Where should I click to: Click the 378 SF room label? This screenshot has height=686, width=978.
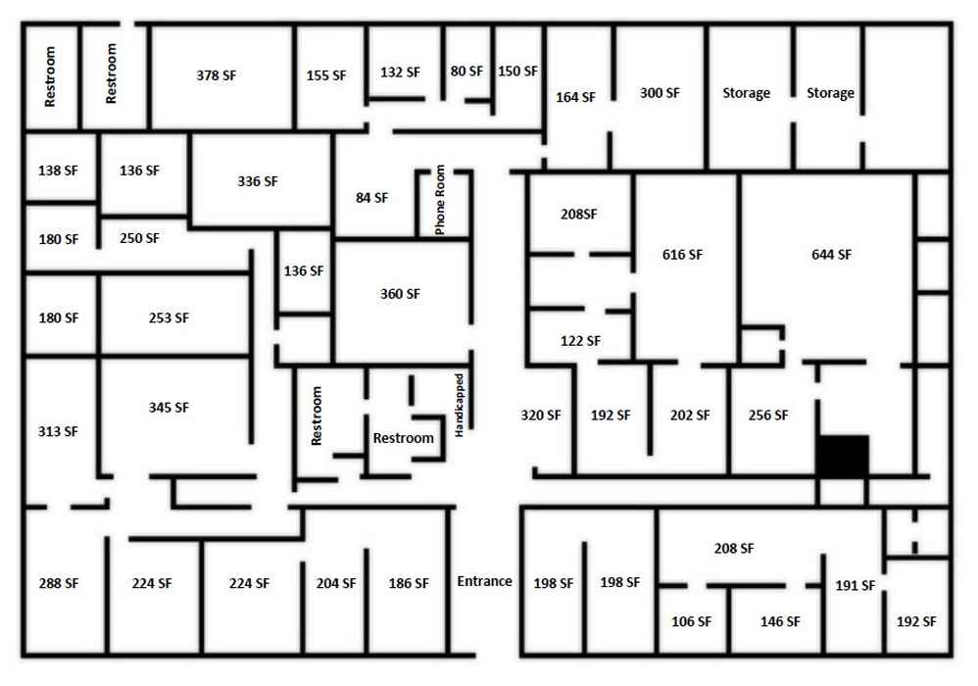tap(217, 75)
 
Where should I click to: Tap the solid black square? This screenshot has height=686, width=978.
tap(843, 456)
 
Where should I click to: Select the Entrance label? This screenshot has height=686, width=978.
tap(485, 581)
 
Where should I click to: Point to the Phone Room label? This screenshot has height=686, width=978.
tap(440, 200)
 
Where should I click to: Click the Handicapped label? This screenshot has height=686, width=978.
tap(459, 406)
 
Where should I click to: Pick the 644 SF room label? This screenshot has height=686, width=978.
tap(831, 255)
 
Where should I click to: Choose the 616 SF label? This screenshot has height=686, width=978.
tap(682, 255)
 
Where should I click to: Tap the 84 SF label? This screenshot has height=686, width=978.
tap(371, 198)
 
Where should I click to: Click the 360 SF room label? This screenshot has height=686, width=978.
tap(401, 294)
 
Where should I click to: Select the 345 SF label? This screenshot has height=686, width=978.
tap(169, 408)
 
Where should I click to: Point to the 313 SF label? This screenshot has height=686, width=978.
tap(58, 431)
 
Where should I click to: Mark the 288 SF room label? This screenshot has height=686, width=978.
tap(59, 583)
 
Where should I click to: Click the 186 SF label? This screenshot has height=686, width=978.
tap(409, 583)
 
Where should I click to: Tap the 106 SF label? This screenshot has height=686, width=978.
tap(691, 621)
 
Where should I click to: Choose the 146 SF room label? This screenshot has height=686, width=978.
tap(780, 621)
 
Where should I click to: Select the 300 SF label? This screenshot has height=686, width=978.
tap(660, 93)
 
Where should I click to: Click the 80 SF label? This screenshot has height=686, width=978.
tap(466, 72)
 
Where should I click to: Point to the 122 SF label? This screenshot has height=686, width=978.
tap(581, 340)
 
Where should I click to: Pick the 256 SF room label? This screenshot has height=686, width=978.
tap(768, 415)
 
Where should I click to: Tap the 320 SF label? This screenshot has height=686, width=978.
tap(541, 415)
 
